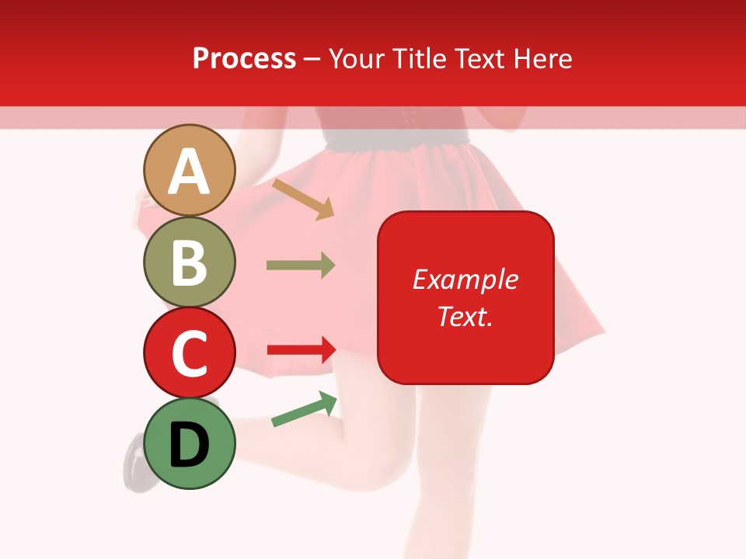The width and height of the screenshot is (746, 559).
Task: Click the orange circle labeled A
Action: [x=189, y=171]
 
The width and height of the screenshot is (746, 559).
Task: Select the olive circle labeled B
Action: [x=189, y=262]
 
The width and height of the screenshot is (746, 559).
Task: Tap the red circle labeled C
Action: [x=189, y=352]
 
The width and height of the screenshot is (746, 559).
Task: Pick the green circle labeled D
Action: [x=189, y=443]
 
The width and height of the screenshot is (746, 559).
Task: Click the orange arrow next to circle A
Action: [x=302, y=199]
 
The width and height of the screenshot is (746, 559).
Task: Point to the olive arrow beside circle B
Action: [x=300, y=266]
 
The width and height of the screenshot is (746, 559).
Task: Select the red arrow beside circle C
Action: [x=301, y=350]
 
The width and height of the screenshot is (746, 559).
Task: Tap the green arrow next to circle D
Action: [x=304, y=410]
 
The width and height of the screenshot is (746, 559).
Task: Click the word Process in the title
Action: [x=244, y=58]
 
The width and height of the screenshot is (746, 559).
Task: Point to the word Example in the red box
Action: [x=465, y=279]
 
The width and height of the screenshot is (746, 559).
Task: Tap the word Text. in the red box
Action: [x=465, y=316]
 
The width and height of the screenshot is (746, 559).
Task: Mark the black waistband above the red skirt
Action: [x=396, y=138]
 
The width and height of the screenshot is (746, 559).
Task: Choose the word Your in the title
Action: [x=357, y=58]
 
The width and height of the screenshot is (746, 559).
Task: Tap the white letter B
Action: [x=189, y=262]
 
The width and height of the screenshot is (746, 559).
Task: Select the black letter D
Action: [x=189, y=445]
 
